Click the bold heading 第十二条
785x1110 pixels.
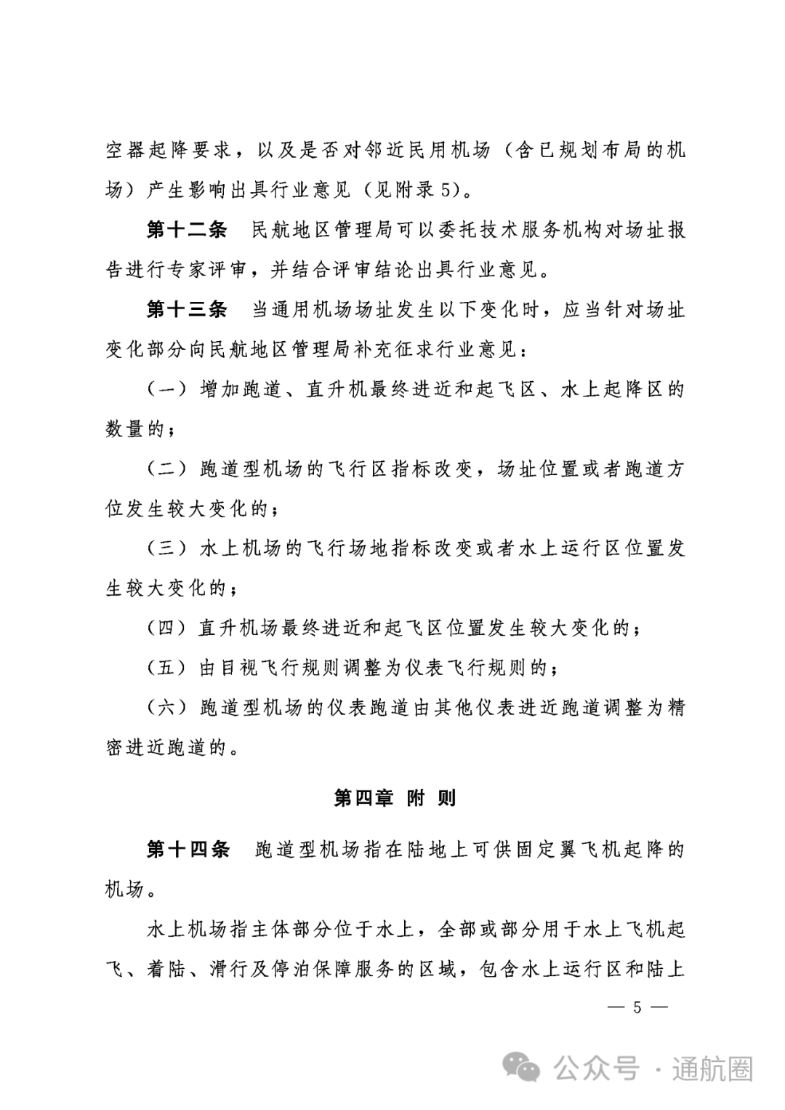coord(187,231)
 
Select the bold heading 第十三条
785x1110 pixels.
coord(187,310)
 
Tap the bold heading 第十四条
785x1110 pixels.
coord(188,849)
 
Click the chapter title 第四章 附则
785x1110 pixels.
coord(395,798)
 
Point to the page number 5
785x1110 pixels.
coord(637,1007)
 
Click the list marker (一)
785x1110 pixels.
coord(166,390)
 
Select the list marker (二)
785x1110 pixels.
coord(166,469)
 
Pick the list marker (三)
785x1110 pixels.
coord(166,548)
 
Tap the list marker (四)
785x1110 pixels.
coord(166,628)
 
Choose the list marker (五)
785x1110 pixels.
coord(166,667)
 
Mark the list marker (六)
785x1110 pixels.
coord(166,707)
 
